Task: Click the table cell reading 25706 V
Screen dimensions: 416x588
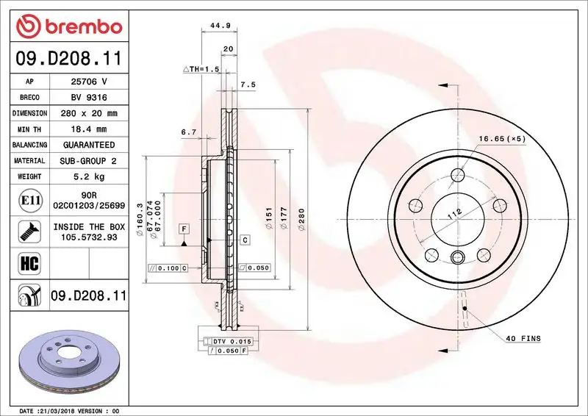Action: [88, 82]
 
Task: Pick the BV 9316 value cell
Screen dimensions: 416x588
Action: [88, 98]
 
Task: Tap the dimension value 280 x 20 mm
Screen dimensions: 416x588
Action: [88, 114]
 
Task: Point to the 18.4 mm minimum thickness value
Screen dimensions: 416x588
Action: [88, 129]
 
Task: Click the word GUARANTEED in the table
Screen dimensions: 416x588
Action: [88, 145]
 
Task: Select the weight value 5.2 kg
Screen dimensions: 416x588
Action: [88, 176]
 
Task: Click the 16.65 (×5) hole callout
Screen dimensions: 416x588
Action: [503, 138]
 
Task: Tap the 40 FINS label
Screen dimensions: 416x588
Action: [523, 338]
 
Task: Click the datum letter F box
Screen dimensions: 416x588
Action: [183, 229]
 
